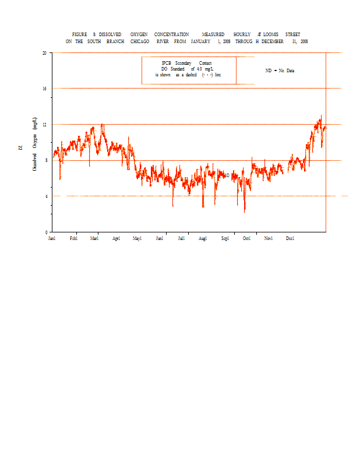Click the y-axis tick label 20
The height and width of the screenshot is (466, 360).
(x=44, y=52)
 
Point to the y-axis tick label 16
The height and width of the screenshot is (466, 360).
(x=44, y=89)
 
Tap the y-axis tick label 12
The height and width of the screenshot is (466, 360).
(x=44, y=124)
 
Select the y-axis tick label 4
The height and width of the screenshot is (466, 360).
(x=45, y=196)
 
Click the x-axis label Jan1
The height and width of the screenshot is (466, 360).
(x=52, y=239)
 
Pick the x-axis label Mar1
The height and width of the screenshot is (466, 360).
(x=94, y=239)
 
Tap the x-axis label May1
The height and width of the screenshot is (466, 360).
(x=137, y=239)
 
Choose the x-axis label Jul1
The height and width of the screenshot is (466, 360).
(x=182, y=239)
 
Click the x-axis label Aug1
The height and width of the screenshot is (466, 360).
(x=203, y=239)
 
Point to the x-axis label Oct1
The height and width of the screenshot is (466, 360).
(x=247, y=239)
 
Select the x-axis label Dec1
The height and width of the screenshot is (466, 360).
(x=290, y=239)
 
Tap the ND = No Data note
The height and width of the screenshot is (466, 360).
(x=280, y=70)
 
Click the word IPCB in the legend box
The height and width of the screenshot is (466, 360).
(x=167, y=63)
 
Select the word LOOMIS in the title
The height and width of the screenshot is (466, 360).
(x=270, y=34)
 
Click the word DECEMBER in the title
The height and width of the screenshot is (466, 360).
(x=273, y=42)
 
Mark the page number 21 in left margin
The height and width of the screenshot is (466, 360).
(x=20, y=148)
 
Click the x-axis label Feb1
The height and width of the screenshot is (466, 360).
(x=73, y=239)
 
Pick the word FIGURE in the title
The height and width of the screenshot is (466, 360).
(x=79, y=34)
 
